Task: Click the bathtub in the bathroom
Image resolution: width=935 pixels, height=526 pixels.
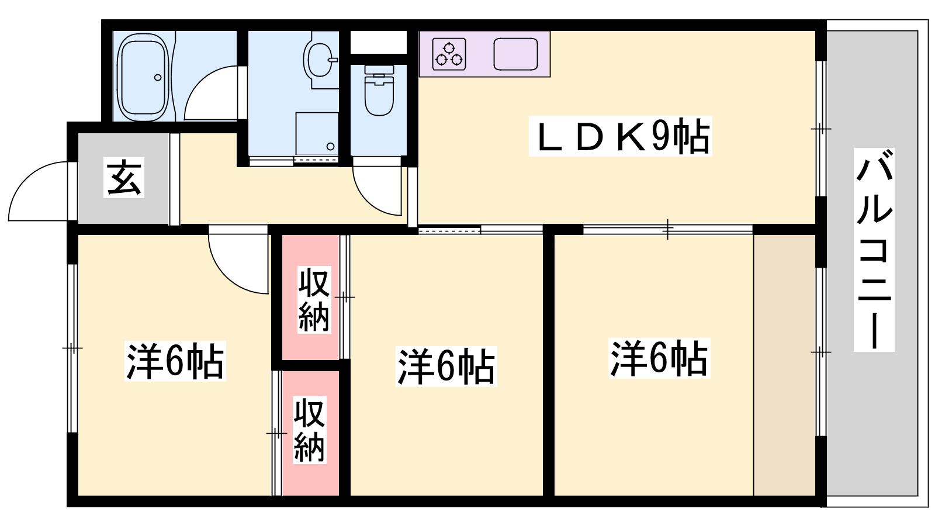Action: point(145,77)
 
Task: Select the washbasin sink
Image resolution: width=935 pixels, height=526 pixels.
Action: point(321,59)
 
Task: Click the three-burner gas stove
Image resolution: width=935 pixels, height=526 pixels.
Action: point(449,54)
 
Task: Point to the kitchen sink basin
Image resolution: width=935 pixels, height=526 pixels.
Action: point(515,54)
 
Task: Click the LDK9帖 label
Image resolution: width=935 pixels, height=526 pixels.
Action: point(620,136)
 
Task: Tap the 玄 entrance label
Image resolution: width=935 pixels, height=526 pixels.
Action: point(123,178)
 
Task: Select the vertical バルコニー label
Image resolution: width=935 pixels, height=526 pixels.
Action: point(874,250)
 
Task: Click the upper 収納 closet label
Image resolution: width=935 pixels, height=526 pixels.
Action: point(314,299)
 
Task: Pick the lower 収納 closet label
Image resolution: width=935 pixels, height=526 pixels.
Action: point(309,430)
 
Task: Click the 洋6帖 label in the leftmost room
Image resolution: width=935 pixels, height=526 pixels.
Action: point(175,361)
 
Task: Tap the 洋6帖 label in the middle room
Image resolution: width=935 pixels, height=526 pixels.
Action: point(446,366)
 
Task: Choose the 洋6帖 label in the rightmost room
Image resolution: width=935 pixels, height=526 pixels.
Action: point(659,358)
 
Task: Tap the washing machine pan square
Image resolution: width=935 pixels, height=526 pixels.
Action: point(317,134)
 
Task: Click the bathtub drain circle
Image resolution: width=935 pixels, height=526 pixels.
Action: point(158,77)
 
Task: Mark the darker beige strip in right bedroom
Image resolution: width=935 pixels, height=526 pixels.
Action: point(784,365)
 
